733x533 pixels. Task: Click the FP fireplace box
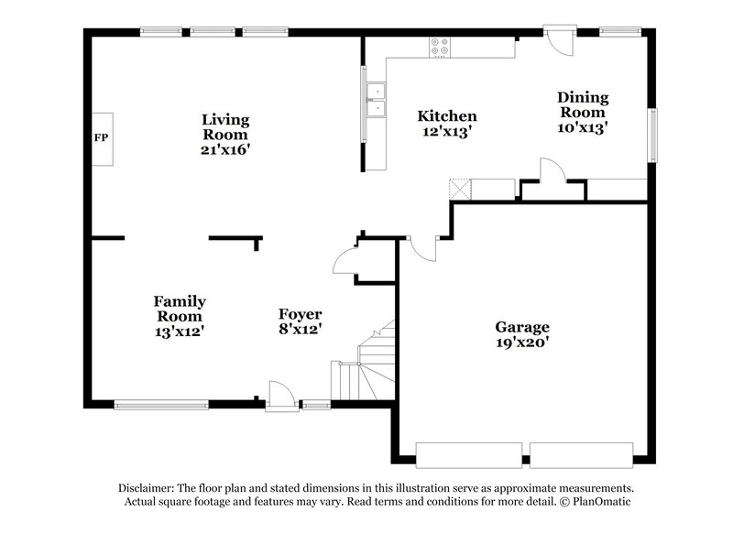pyautogui.click(x=101, y=138)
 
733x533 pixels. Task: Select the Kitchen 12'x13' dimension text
pyautogui.click(x=446, y=132)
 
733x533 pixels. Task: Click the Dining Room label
pyautogui.click(x=583, y=105)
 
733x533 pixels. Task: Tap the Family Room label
pyautogui.click(x=179, y=309)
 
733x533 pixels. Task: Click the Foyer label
pyautogui.click(x=300, y=313)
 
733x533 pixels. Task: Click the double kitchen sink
pyautogui.click(x=376, y=101)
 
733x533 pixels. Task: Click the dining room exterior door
pyautogui.click(x=556, y=40)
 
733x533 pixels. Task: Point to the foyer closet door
pyautogui.click(x=345, y=260)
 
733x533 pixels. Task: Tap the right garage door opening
pyautogui.click(x=582, y=453)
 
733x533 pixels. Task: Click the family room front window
pyautogui.click(x=161, y=404)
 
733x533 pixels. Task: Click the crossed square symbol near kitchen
pyautogui.click(x=459, y=189)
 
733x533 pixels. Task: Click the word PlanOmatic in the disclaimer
pyautogui.click(x=600, y=502)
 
